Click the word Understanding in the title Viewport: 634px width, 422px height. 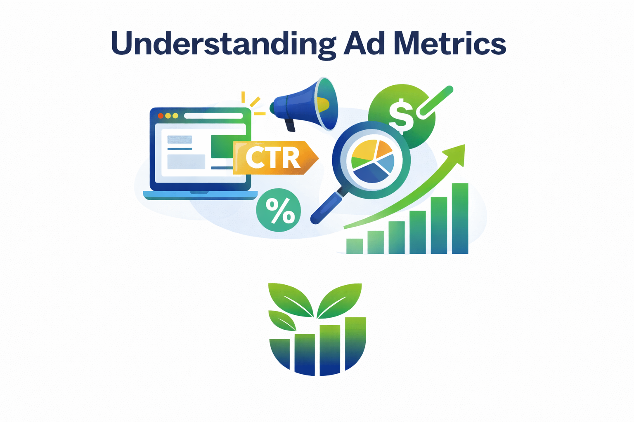[x=223, y=43]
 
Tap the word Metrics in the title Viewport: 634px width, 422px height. [x=450, y=43]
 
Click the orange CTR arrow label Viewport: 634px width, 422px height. [x=274, y=158]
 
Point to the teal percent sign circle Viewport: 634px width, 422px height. [x=279, y=210]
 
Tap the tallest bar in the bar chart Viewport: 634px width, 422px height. [x=460, y=218]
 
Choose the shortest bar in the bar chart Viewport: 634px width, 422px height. [x=355, y=246]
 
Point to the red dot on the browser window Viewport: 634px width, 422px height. [x=161, y=116]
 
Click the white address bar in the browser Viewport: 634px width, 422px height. [x=213, y=116]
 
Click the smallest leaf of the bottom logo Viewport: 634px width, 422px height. [x=282, y=320]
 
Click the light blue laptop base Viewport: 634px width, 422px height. [x=200, y=195]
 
